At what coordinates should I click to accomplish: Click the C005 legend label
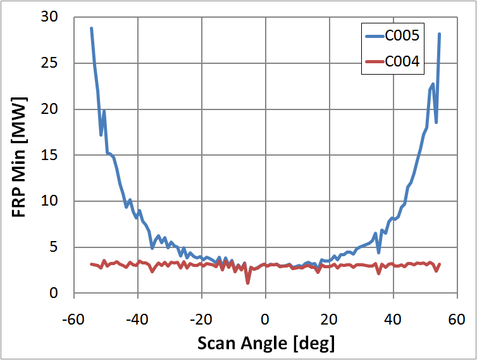(x=403, y=36)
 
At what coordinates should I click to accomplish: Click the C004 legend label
(x=403, y=61)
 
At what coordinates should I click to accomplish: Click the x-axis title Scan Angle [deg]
(x=266, y=343)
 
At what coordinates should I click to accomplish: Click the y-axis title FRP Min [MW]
(x=20, y=155)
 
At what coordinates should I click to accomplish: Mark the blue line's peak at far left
(x=91, y=28)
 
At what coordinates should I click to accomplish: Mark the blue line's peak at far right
(x=439, y=34)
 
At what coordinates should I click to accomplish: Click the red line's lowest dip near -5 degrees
(x=248, y=282)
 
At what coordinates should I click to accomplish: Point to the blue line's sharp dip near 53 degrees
(x=436, y=122)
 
